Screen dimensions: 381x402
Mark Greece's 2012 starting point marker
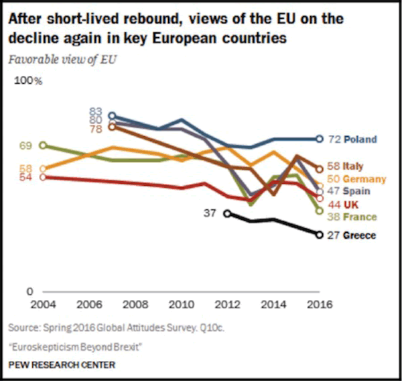[228, 213]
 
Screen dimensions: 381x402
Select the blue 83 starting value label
[96, 111]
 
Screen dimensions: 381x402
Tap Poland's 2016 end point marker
[319, 139]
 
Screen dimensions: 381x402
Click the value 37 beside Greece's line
[211, 213]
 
